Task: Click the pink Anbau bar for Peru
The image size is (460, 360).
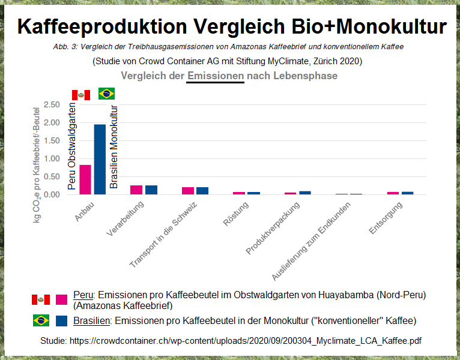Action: [x=85, y=179]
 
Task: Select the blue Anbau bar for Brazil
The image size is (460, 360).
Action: [x=100, y=160]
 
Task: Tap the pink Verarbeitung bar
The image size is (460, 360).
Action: [x=136, y=190]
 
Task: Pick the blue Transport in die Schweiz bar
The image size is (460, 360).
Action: [x=202, y=191]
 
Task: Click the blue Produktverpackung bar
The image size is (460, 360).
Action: [x=305, y=193]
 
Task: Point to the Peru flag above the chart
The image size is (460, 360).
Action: [x=81, y=95]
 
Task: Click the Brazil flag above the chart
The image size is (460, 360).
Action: [x=106, y=94]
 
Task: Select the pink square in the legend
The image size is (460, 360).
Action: [x=61, y=299]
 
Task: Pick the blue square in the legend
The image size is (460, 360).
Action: [x=61, y=320]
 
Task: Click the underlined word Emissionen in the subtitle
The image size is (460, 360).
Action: [x=216, y=76]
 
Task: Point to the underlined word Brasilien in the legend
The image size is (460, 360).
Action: [x=92, y=320]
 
